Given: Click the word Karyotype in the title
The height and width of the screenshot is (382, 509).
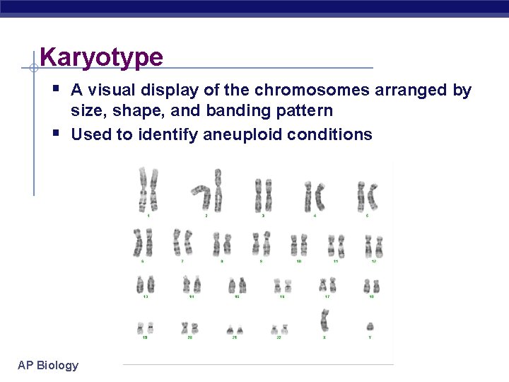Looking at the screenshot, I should (101, 57).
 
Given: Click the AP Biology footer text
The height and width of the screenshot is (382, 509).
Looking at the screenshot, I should (48, 365).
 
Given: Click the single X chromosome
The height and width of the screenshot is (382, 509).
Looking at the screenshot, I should (324, 321).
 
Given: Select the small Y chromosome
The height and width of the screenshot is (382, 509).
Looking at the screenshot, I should (370, 327).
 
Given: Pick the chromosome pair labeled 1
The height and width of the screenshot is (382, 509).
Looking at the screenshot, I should (148, 190).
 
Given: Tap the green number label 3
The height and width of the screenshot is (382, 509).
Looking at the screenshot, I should (263, 215).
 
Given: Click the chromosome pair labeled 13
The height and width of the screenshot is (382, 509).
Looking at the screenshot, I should (145, 285).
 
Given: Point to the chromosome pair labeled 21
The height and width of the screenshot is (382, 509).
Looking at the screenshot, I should (235, 329).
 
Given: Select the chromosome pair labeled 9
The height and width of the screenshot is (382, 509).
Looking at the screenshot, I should (262, 244).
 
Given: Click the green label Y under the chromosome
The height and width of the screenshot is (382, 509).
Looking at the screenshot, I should (370, 337).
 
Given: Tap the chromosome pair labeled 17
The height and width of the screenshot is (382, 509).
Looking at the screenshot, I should (327, 285).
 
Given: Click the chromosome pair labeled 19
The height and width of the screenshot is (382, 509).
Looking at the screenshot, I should (145, 328).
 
